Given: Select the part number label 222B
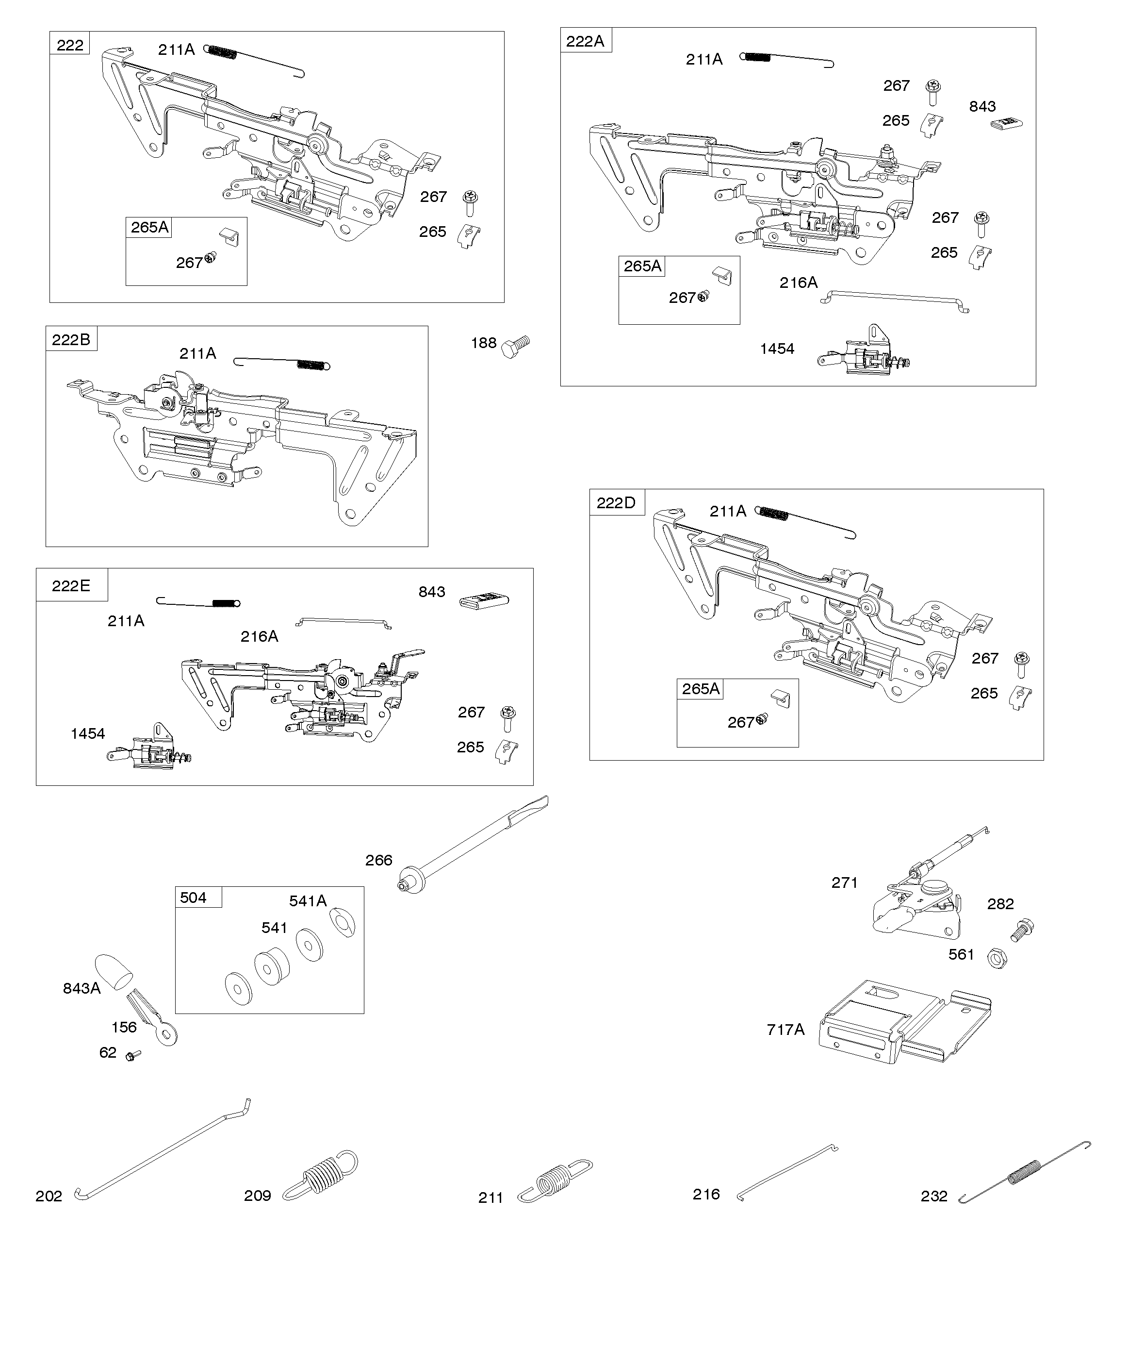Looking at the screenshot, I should click(71, 339).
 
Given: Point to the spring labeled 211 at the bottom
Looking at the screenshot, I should click(556, 1179).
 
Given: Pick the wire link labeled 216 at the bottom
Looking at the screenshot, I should click(788, 1173).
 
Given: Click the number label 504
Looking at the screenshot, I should click(193, 898).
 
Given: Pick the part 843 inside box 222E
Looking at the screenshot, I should click(484, 601).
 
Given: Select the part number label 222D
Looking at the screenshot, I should click(616, 502).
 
